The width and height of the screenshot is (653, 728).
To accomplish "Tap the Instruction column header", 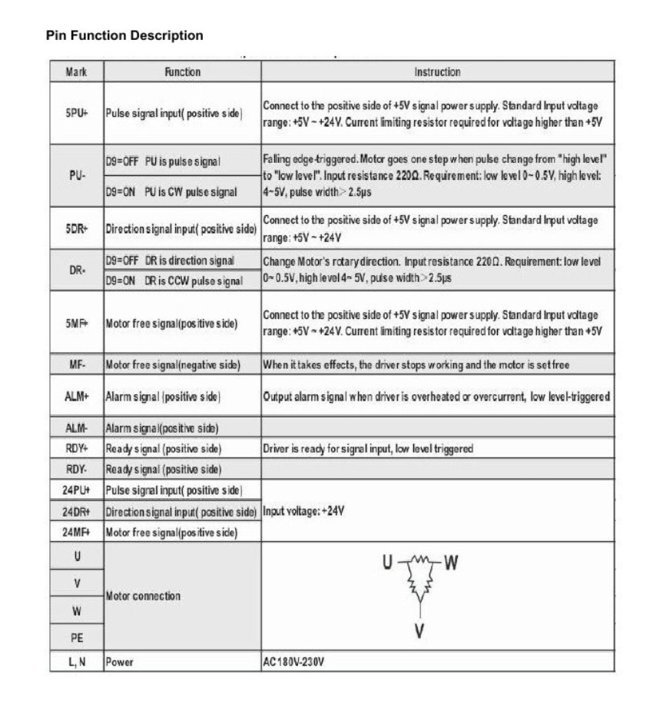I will (x=437, y=72).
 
